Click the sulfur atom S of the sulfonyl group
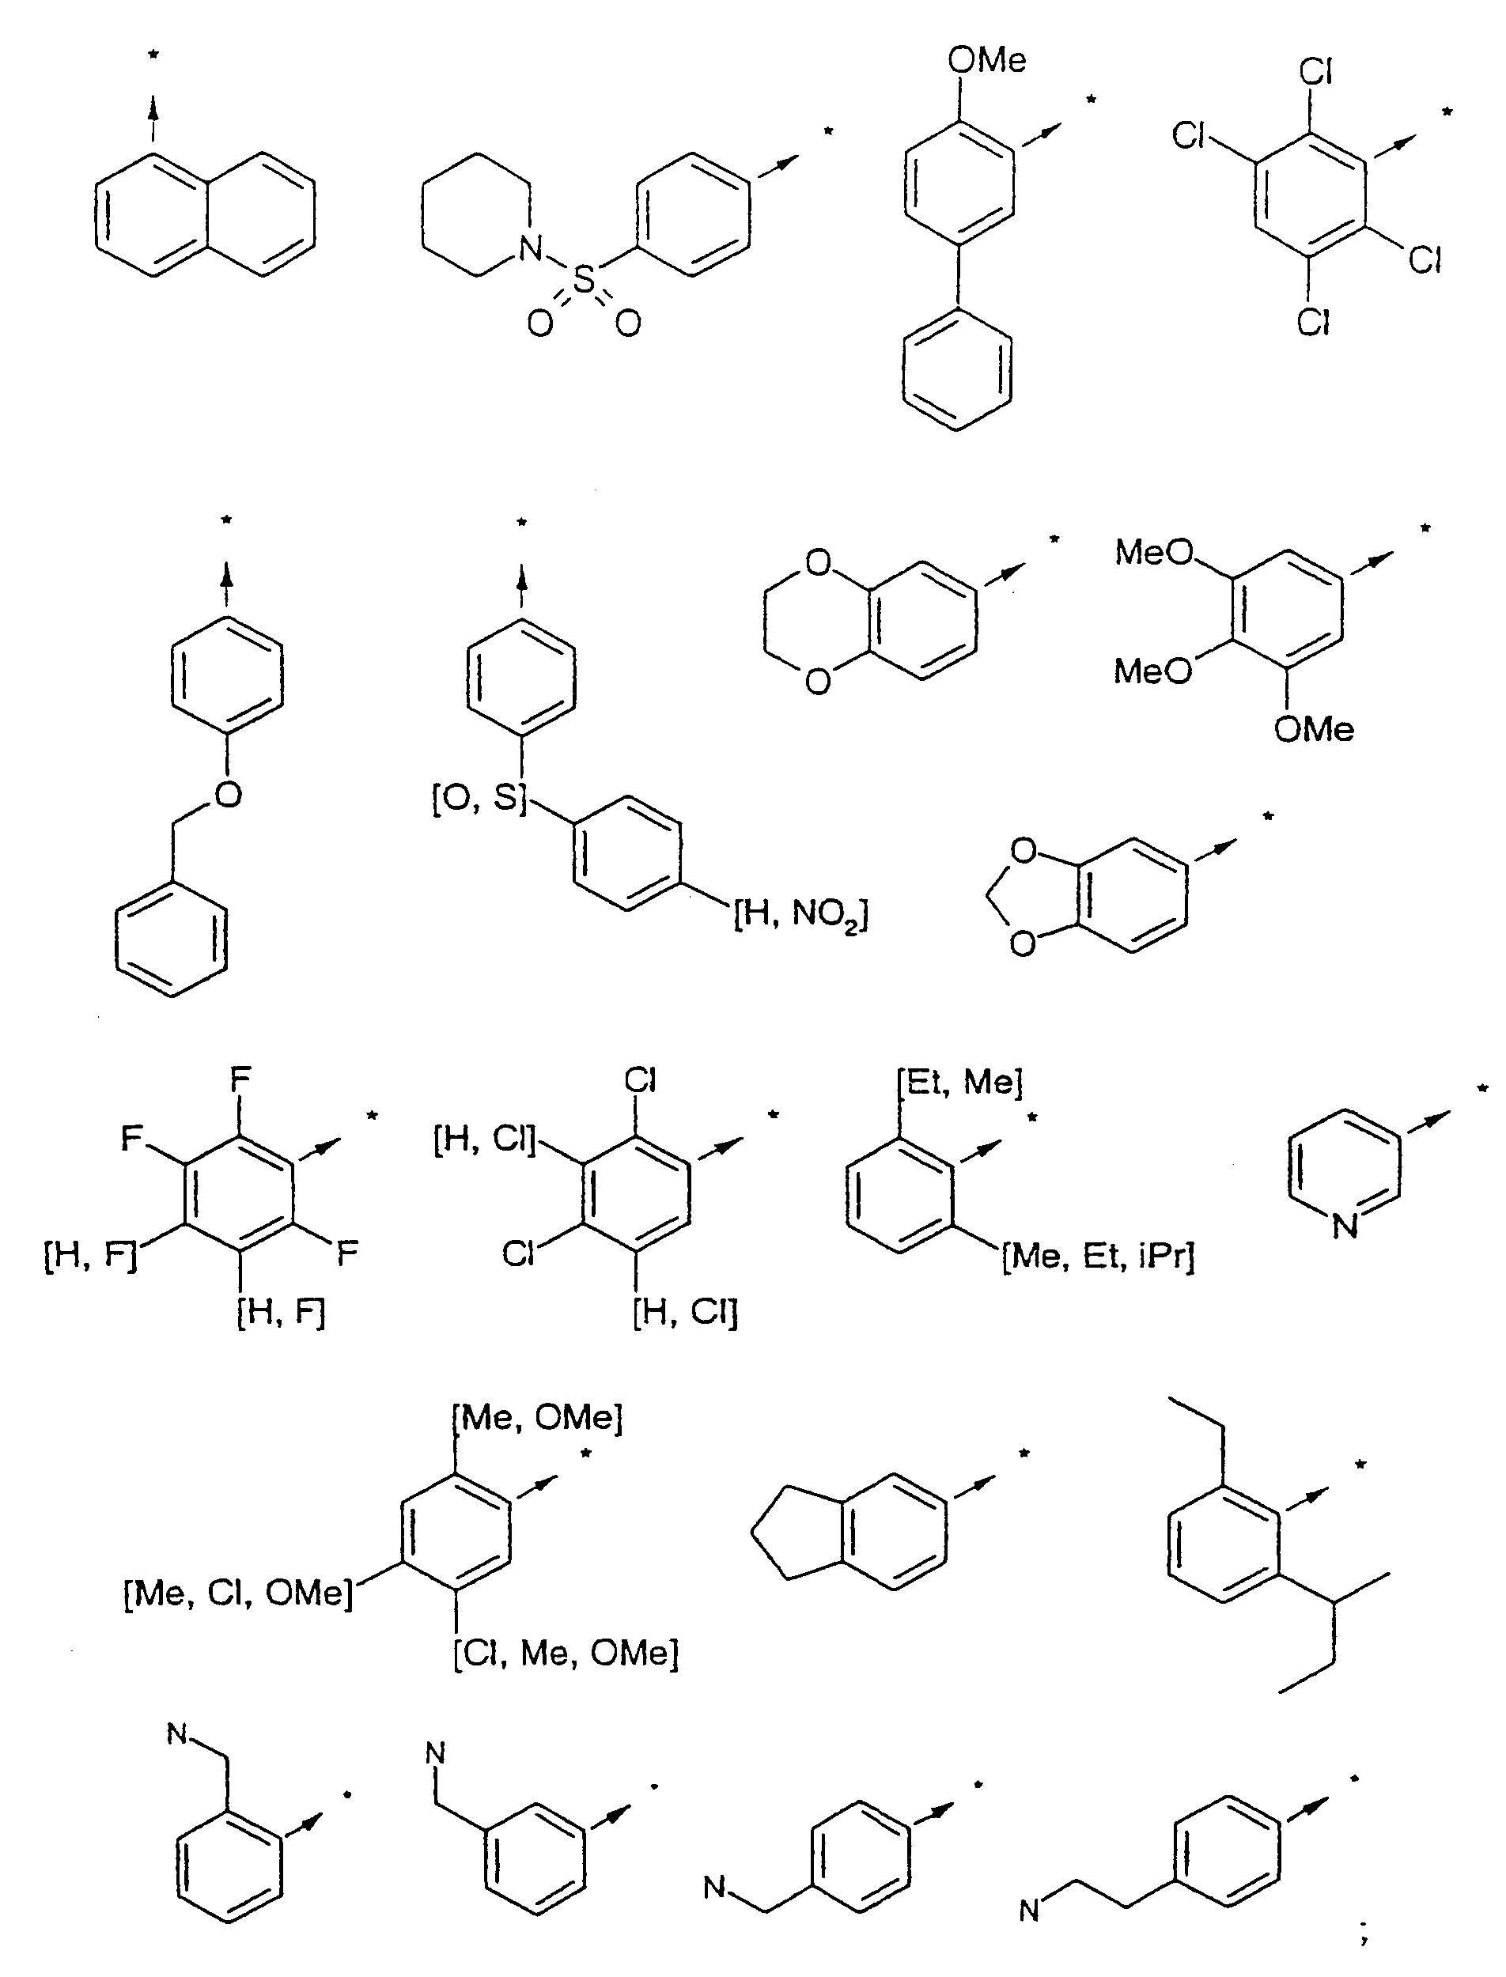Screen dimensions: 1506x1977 [x=584, y=281]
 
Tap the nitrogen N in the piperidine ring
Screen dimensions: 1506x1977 [x=532, y=248]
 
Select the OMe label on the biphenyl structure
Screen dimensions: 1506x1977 [x=987, y=60]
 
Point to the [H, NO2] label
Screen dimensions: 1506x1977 [x=800, y=915]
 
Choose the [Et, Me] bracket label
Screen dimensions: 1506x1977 [x=959, y=1083]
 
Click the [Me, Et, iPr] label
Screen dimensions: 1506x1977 [x=1098, y=1257]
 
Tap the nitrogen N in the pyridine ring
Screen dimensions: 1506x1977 [x=1345, y=1225]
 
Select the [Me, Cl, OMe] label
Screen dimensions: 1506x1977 [x=238, y=1593]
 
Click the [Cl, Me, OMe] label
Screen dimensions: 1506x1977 [x=566, y=1652]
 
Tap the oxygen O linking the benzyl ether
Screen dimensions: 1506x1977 [x=229, y=794]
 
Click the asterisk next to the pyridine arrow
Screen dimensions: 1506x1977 [x=1483, y=1089]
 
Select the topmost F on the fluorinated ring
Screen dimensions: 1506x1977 [x=240, y=1079]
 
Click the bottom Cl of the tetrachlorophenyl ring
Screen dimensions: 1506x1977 [x=1313, y=321]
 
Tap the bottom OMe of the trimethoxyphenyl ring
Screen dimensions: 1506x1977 [x=1314, y=729]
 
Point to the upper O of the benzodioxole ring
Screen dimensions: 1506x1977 [x=1023, y=849]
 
